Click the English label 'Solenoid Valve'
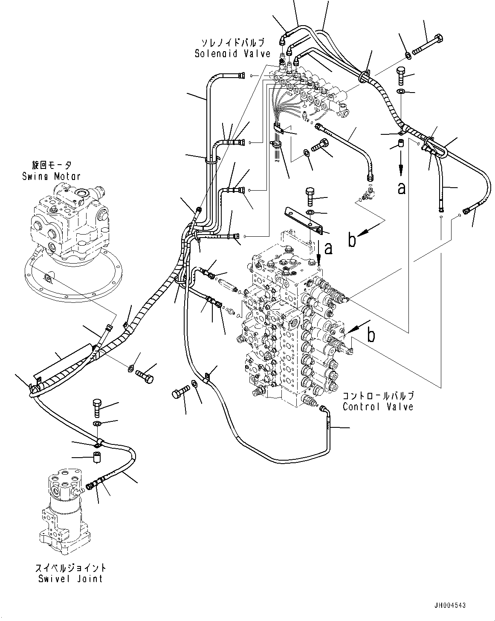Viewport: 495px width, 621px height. pos(233,54)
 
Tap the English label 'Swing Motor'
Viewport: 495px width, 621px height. pos(51,176)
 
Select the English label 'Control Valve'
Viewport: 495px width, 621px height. pos(378,406)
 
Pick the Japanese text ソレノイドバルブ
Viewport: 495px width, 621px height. pos(233,43)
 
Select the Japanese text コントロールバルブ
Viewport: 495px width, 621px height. pos(378,396)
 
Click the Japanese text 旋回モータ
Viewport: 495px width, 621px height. pos(51,165)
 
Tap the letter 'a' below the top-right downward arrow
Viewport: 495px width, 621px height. pos(401,188)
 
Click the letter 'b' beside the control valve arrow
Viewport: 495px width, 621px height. pos(371,335)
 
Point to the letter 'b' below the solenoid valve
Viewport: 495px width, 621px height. pos(352,240)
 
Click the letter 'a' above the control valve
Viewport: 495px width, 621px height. pos(328,248)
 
